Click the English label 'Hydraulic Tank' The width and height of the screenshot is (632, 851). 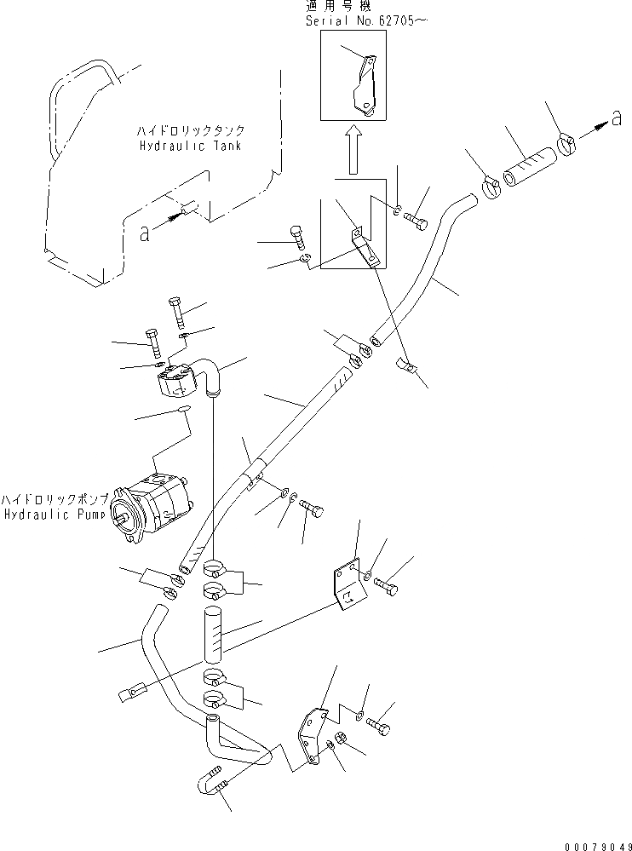[189, 146]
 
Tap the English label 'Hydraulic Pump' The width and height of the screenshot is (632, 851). [56, 515]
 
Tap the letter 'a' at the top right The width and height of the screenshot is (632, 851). [616, 121]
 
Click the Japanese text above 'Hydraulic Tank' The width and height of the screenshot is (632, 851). [190, 131]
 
